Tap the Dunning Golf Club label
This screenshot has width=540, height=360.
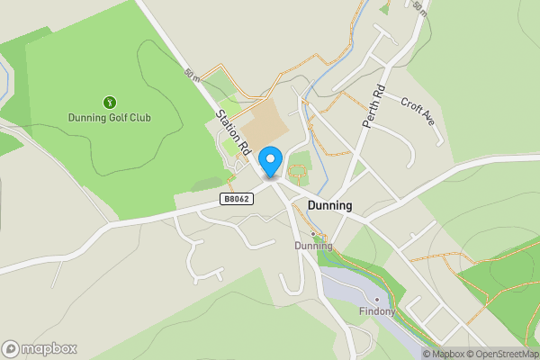point(110,118)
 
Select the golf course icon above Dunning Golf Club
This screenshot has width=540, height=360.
point(110,103)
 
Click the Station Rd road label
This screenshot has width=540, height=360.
point(232,131)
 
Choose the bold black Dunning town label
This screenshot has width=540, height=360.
point(329,206)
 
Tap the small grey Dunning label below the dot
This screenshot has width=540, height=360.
point(314,246)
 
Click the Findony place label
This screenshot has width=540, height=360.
point(377,311)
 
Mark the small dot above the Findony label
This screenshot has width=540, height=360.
point(376,300)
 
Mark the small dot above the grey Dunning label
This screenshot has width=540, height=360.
point(313,234)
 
